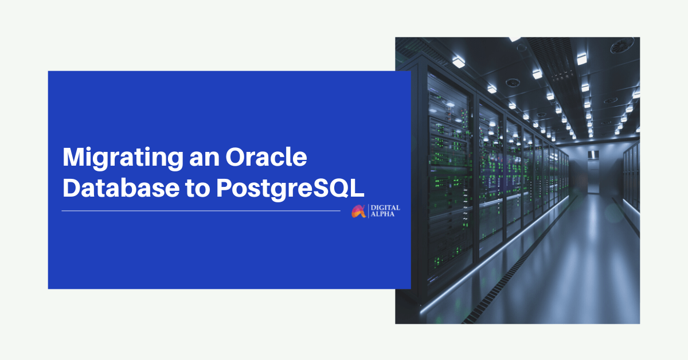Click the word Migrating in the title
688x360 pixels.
(123, 158)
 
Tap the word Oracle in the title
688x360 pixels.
(266, 157)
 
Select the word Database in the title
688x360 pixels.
(121, 187)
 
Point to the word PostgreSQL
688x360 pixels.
(290, 189)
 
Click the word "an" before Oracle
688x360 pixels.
(205, 160)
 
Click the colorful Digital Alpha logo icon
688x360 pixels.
(359, 211)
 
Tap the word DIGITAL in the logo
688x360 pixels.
(385, 208)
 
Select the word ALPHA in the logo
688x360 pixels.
(382, 214)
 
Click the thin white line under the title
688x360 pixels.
(201, 211)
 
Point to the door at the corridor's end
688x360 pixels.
(593, 175)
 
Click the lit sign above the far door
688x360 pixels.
(593, 154)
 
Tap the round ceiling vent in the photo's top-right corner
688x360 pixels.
(622, 46)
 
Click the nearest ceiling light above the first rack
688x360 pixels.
(458, 62)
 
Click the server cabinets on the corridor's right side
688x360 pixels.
(631, 178)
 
